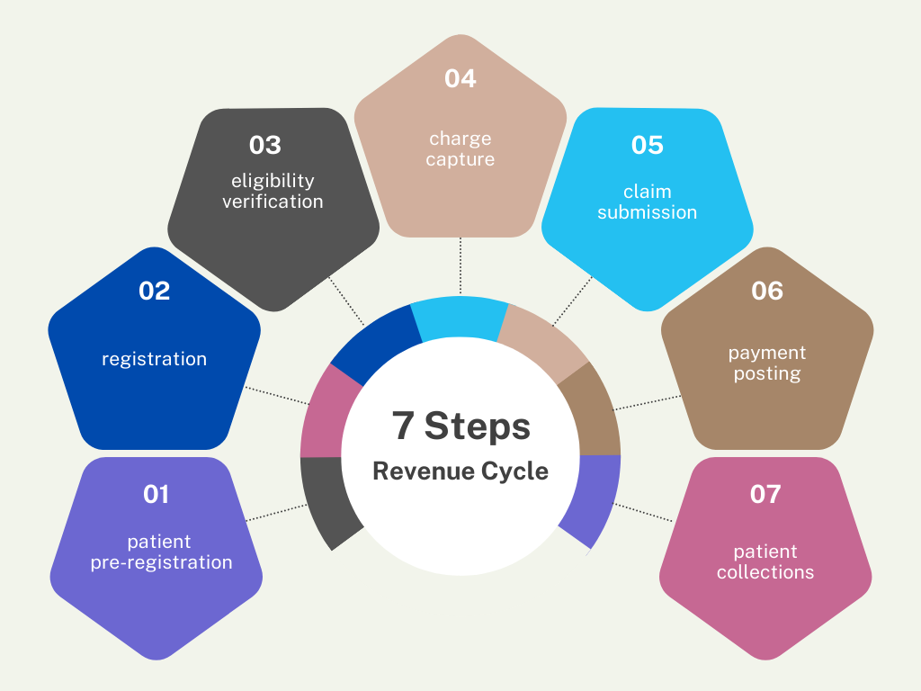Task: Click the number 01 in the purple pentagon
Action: pyautogui.click(x=156, y=494)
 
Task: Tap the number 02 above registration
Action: pyautogui.click(x=154, y=291)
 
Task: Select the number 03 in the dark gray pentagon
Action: pyautogui.click(x=265, y=145)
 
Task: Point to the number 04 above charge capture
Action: pyautogui.click(x=460, y=78)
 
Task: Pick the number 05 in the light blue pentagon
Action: pyautogui.click(x=647, y=145)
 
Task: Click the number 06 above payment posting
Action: pyautogui.click(x=767, y=291)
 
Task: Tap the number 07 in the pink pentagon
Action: pyautogui.click(x=765, y=494)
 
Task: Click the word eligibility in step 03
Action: pyautogui.click(x=273, y=181)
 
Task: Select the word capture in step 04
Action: pyautogui.click(x=460, y=159)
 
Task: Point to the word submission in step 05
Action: pyautogui.click(x=648, y=212)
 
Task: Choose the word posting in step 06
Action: pyautogui.click(x=767, y=373)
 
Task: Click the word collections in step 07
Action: pyautogui.click(x=765, y=572)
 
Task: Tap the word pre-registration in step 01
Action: pyautogui.click(x=161, y=562)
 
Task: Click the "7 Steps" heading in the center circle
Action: pyautogui.click(x=460, y=426)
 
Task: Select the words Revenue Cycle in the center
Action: pyautogui.click(x=460, y=471)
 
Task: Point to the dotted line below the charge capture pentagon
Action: pyautogui.click(x=460, y=266)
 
